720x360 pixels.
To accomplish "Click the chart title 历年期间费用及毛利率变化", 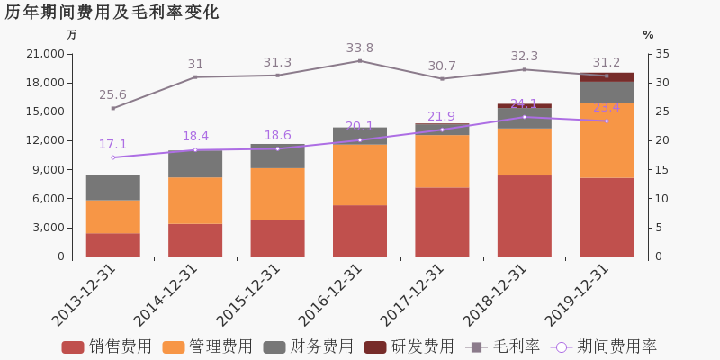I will pos(112,13).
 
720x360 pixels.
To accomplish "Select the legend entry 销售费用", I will pos(107,346).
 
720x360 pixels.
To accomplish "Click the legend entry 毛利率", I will pos(503,346).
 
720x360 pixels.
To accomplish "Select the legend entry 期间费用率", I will pos(604,346).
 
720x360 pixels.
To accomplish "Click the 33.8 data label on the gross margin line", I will pos(360,49).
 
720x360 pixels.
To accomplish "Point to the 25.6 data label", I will pos(112,95).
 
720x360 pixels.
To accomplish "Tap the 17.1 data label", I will pos(112,145).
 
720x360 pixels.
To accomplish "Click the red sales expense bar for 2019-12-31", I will pos(607,217).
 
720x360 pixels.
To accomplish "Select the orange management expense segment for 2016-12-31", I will pos(360,175).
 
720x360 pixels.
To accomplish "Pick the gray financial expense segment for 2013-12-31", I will pos(113,187).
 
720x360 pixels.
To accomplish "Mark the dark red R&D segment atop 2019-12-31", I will pos(607,77).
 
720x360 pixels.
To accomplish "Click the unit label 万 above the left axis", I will pos(72,35).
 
